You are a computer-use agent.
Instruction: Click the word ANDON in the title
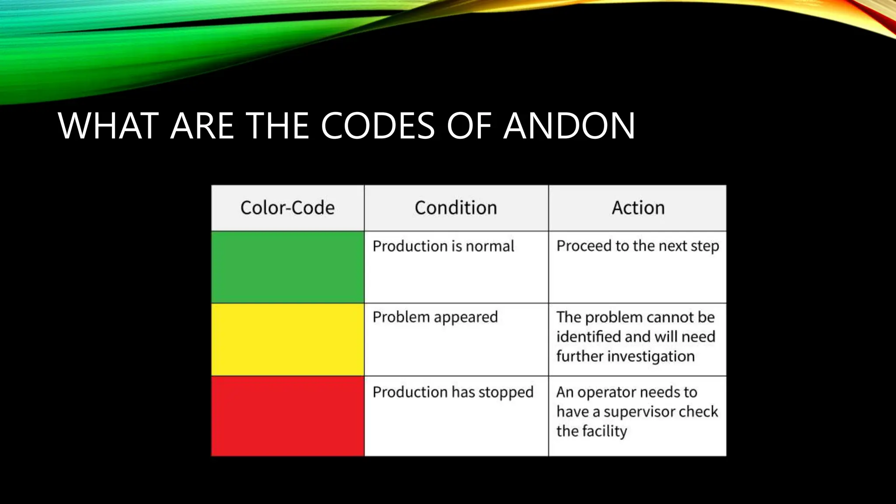click(569, 126)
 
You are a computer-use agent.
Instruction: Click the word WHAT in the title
click(108, 126)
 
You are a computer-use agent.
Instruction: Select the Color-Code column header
click(287, 208)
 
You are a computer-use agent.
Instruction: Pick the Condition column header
click(456, 208)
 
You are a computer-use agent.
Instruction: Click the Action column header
click(638, 208)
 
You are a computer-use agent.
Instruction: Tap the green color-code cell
click(287, 267)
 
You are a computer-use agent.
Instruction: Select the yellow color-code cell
click(287, 339)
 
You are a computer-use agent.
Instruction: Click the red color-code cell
click(287, 416)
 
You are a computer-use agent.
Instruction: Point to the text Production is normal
click(443, 246)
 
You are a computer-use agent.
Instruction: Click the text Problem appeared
click(435, 317)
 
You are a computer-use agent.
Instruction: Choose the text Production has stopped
click(453, 392)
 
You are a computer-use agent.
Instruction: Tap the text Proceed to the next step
click(637, 246)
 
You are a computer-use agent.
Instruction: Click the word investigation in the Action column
click(651, 357)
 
